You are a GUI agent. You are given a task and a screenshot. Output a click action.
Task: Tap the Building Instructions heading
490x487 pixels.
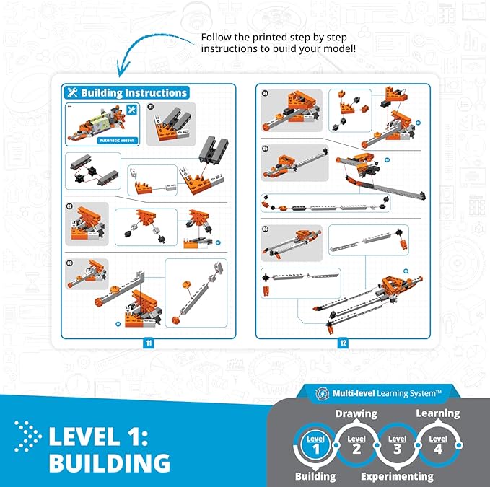click(x=126, y=92)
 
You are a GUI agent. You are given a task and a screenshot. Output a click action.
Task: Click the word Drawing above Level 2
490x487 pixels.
click(x=355, y=414)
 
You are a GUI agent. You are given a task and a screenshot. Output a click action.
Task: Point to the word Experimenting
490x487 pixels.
click(x=397, y=476)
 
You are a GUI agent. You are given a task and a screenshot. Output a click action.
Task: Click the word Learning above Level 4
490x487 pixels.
click(x=437, y=413)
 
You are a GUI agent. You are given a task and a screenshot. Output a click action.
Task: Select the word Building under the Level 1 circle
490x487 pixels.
click(x=315, y=476)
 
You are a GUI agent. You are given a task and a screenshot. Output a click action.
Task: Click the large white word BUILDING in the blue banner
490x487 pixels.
click(x=109, y=463)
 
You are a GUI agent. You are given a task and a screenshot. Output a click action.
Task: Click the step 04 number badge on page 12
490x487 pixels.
click(x=266, y=94)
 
